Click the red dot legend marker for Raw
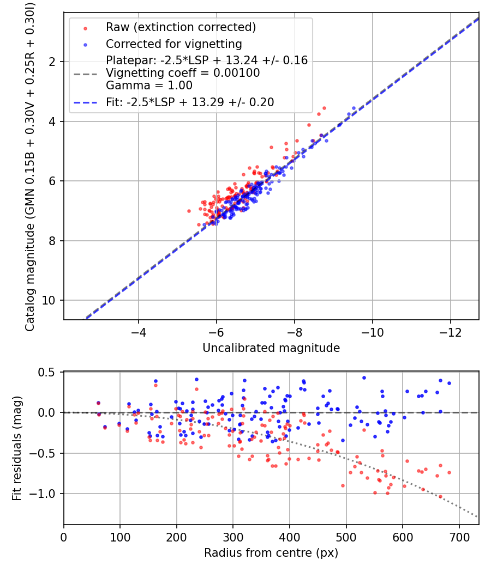[x=86, y=28]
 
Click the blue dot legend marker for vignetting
[x=86, y=45]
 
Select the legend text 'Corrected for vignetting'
[x=174, y=44]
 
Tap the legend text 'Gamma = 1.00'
[x=149, y=86]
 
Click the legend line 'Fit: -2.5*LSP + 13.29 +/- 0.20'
[x=190, y=102]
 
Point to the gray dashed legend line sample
[x=86, y=74]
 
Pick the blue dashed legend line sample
[x=86, y=103]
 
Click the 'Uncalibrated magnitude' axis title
[x=271, y=348]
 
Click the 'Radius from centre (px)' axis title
[x=271, y=553]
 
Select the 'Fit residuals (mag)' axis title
[x=17, y=448]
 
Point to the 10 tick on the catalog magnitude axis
[x=49, y=300]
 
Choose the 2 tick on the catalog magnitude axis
[x=52, y=62]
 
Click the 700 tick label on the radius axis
[x=459, y=537]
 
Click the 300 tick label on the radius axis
[x=233, y=537]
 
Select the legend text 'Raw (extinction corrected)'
[x=181, y=27]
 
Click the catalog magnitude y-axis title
[x=30, y=167]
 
